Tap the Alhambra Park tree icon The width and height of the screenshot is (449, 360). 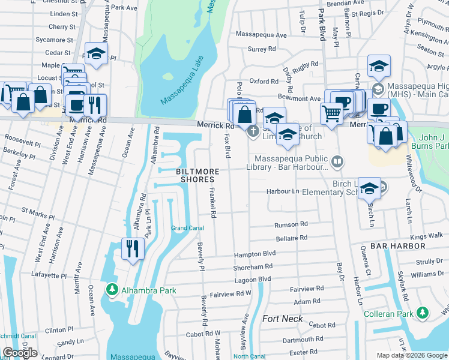112,290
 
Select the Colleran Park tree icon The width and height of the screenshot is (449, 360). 423,313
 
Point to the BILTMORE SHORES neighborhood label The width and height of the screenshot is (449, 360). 196,175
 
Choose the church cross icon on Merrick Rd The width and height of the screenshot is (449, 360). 253,130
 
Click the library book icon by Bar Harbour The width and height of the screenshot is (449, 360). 338,161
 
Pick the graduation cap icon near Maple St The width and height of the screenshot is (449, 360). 96,54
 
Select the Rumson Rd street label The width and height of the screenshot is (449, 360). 291,224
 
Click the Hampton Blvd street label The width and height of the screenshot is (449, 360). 255,254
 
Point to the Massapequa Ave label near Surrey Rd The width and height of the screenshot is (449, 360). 261,35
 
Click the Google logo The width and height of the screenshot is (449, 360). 20,353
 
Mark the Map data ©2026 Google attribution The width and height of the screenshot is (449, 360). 411,355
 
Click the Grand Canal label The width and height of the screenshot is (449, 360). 187,228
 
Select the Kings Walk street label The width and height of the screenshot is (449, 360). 427,236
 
